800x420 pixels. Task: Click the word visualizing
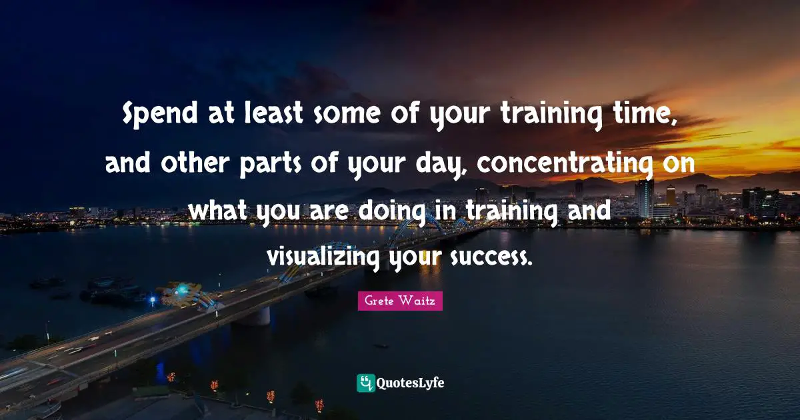point(325,256)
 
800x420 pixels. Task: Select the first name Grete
point(378,301)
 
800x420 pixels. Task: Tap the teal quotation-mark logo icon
point(365,383)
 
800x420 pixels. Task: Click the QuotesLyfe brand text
point(411,383)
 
